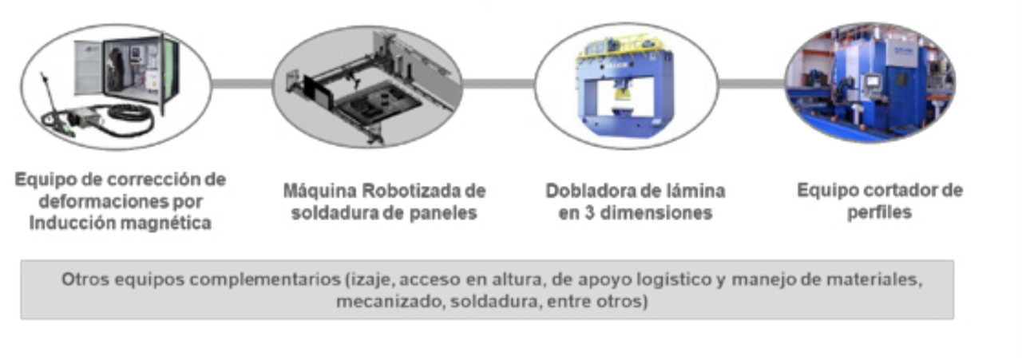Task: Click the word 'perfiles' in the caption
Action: click(x=879, y=212)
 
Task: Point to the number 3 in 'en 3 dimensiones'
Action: click(x=589, y=212)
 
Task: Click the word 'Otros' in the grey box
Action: click(x=85, y=279)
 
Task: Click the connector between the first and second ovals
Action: click(x=242, y=84)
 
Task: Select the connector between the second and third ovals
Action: click(x=498, y=84)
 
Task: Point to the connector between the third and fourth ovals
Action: click(x=751, y=84)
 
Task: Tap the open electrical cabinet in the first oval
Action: click(x=127, y=69)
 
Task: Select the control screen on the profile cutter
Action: click(x=873, y=82)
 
